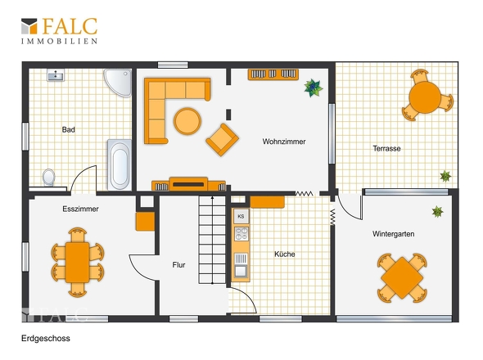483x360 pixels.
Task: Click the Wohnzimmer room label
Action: [x=284, y=142]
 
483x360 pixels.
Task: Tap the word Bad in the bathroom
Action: [x=69, y=129]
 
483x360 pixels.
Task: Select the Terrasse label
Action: [x=386, y=148]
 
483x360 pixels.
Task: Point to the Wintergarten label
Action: [x=393, y=234]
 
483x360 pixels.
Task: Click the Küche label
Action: [x=284, y=254]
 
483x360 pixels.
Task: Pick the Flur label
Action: [x=178, y=265]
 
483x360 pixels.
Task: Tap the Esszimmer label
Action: [x=80, y=209]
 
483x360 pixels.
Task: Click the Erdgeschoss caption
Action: [x=46, y=338]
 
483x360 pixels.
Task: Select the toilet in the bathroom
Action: [x=48, y=178]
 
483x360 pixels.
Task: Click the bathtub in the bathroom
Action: [x=120, y=164]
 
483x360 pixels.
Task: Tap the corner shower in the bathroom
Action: [x=118, y=82]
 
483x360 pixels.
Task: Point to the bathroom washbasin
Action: [x=56, y=74]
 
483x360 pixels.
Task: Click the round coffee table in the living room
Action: [x=187, y=121]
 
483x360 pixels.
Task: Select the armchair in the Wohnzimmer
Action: [x=222, y=140]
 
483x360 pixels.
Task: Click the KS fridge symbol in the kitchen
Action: [x=241, y=216]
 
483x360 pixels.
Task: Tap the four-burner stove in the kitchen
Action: [x=241, y=233]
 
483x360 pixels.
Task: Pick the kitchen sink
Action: [x=241, y=265]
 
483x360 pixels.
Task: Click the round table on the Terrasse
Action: [x=425, y=97]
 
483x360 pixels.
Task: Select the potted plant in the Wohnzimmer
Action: [x=314, y=88]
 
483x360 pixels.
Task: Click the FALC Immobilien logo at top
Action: [x=59, y=31]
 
